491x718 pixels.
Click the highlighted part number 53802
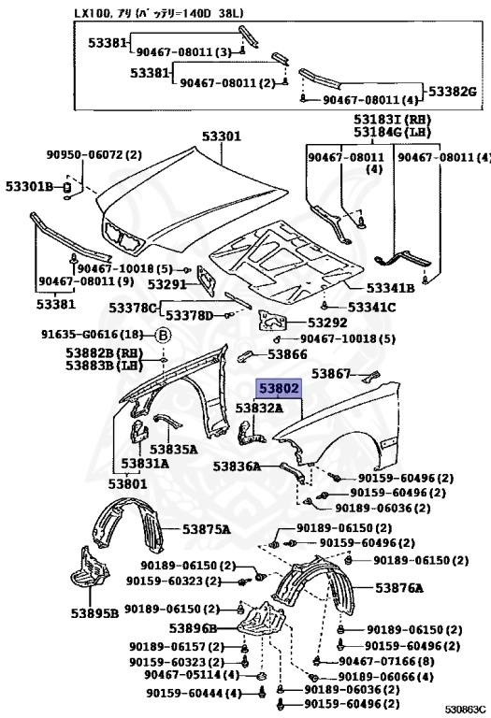[279, 389]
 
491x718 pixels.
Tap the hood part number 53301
[222, 136]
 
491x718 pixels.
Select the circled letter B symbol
[163, 336]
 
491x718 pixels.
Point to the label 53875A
[206, 530]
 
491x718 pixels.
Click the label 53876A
[399, 587]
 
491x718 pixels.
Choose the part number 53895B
[94, 613]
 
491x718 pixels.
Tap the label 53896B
[193, 628]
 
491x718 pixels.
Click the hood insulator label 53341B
[390, 288]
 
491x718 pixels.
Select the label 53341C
[371, 307]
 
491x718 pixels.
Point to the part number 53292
[327, 323]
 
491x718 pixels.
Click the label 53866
[287, 354]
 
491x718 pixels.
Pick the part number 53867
[331, 374]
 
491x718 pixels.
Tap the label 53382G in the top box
[453, 92]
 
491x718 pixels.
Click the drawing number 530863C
[465, 711]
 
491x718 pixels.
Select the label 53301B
[29, 186]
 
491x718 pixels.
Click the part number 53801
[128, 483]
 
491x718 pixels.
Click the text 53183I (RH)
[392, 120]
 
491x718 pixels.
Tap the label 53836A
[237, 467]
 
